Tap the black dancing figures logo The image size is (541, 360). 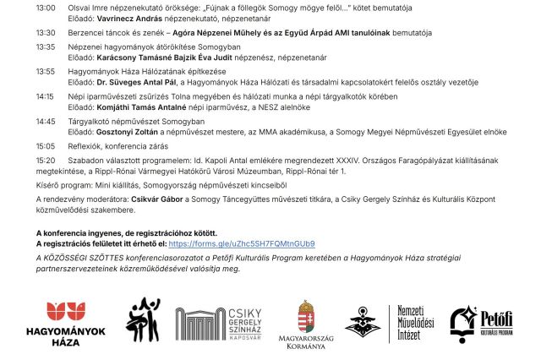(x=144, y=321)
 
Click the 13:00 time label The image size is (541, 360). (x=46, y=7)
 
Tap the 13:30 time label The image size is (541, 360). (x=46, y=33)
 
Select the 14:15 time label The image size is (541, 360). (x=46, y=96)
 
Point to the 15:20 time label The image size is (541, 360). (x=46, y=159)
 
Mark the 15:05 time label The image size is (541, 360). (x=46, y=146)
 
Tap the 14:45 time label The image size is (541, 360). (x=46, y=122)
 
